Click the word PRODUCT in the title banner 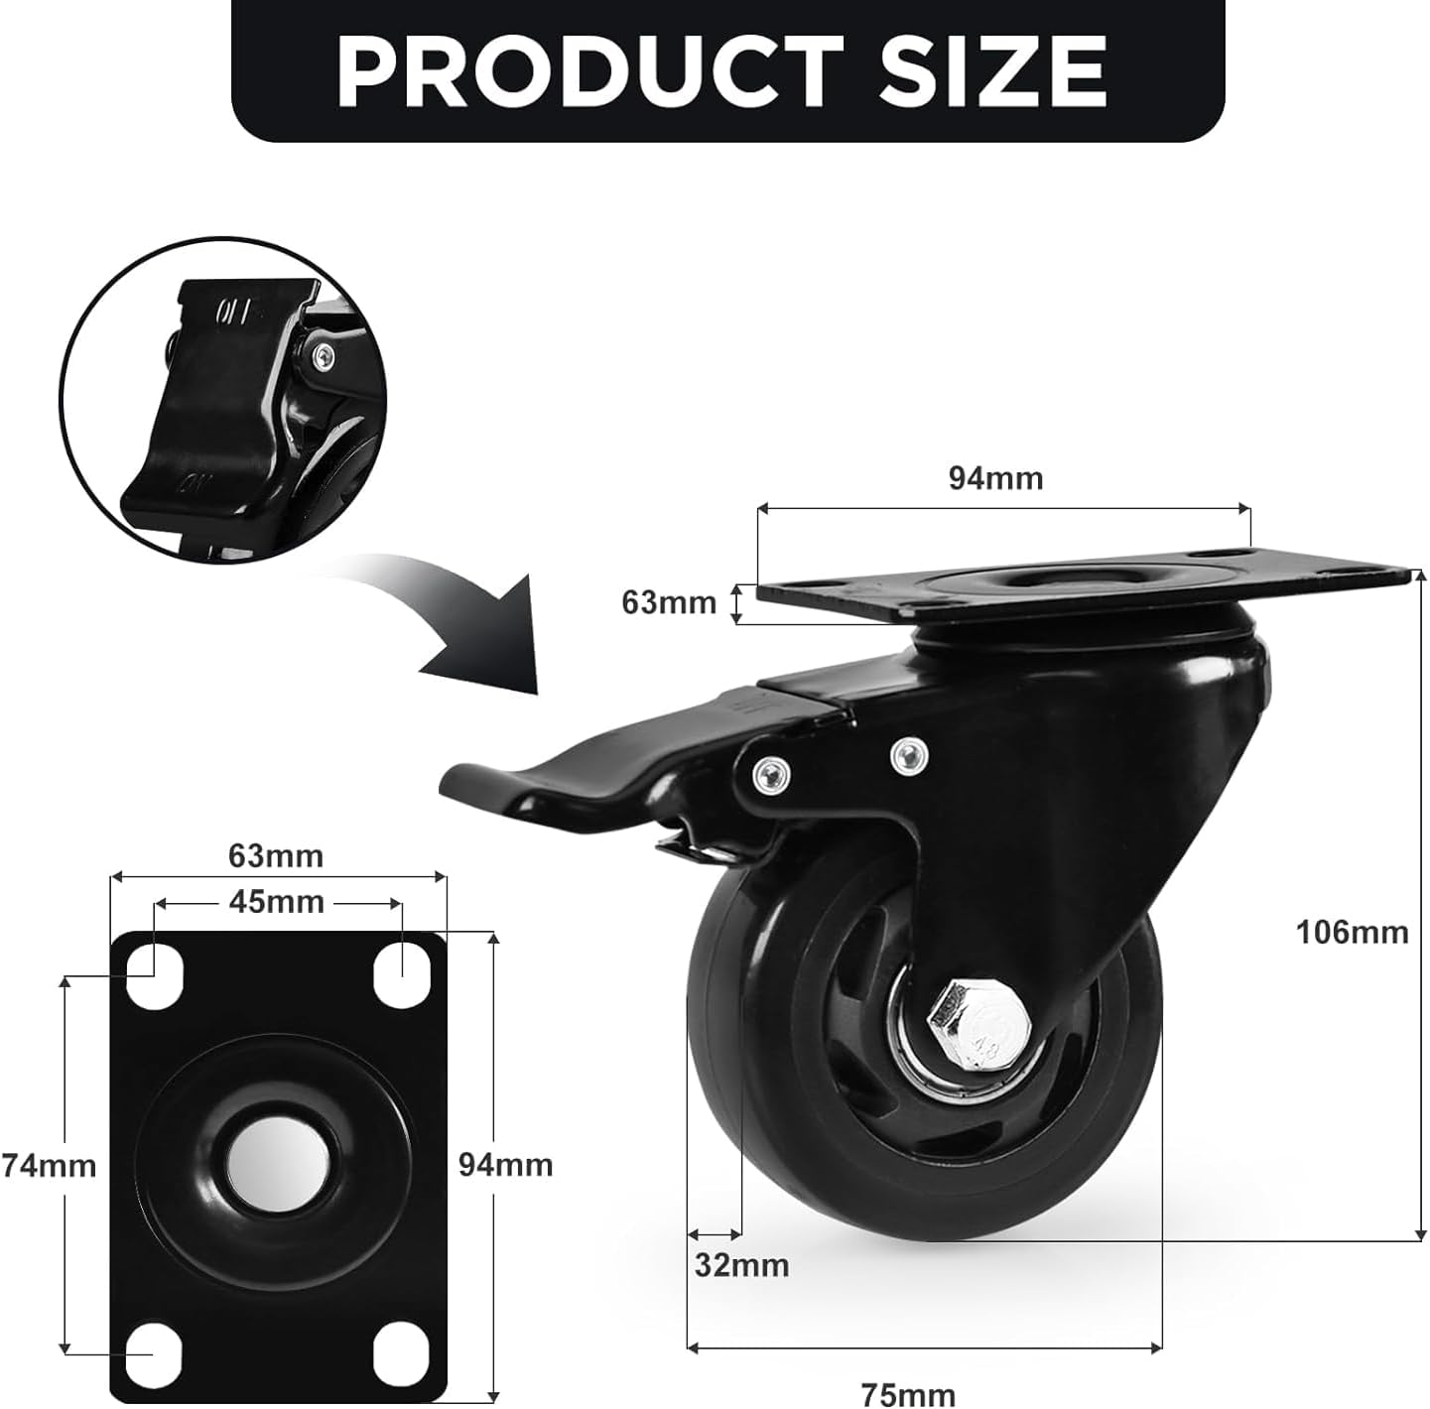[x=589, y=72]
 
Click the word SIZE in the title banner [x=993, y=72]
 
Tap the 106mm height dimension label [x=1352, y=932]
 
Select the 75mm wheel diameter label [x=908, y=1394]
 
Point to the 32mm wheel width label [x=741, y=1266]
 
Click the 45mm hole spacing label [x=276, y=902]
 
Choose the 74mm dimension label [x=49, y=1166]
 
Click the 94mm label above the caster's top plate [x=996, y=479]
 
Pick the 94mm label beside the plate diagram [x=505, y=1166]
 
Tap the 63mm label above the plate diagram [x=275, y=856]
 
